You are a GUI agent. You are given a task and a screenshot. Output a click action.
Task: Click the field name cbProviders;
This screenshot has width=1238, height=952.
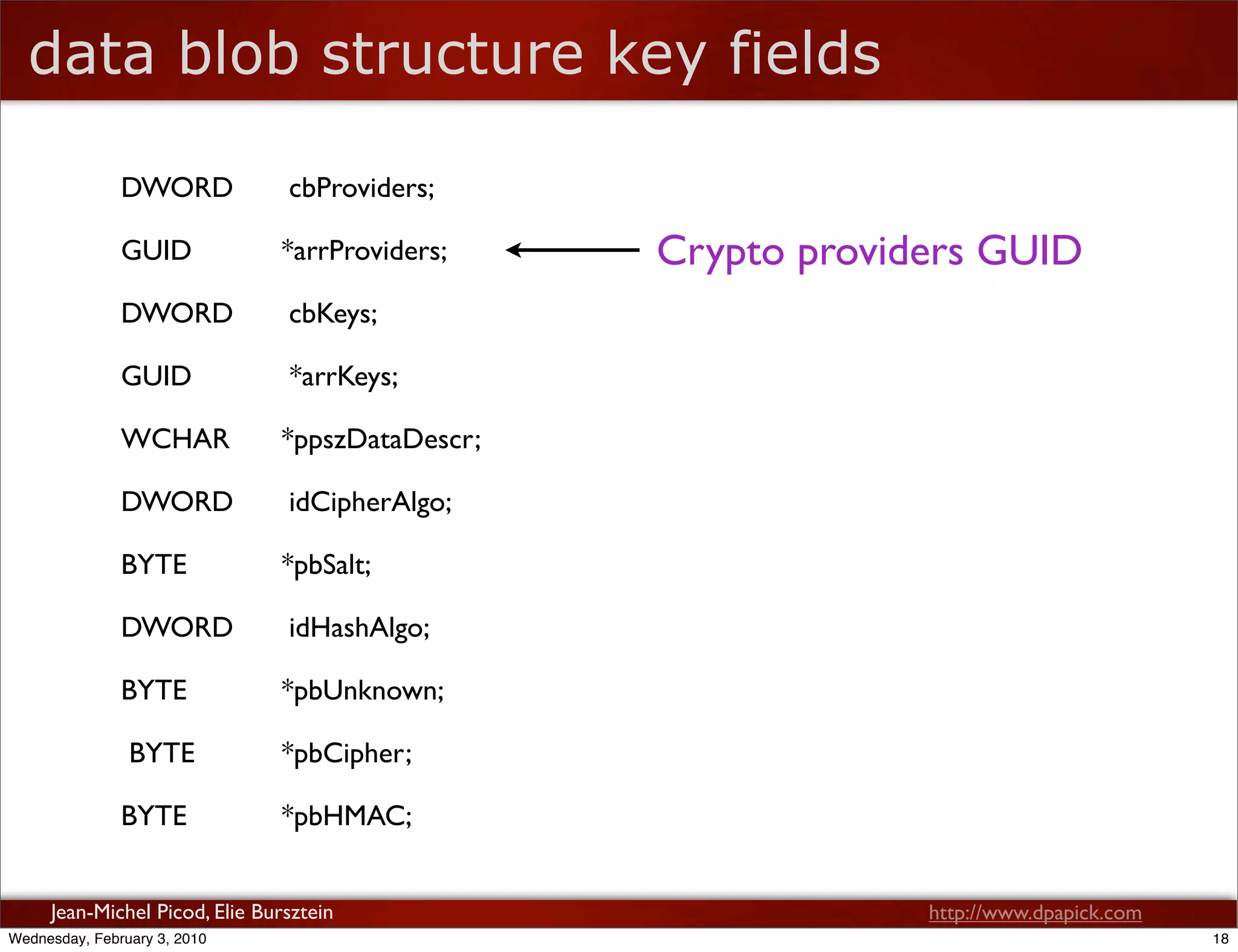coord(361,188)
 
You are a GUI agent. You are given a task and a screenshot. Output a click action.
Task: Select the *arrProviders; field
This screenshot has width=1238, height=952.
coord(365,251)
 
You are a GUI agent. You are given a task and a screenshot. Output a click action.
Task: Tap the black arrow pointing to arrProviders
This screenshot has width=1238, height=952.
coord(572,249)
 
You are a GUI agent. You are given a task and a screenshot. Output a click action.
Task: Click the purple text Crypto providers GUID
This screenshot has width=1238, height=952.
coord(869,251)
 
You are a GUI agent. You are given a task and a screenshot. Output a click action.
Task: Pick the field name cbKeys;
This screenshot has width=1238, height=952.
coord(333,314)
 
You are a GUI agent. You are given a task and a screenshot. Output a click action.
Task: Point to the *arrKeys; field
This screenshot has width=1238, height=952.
coord(343,377)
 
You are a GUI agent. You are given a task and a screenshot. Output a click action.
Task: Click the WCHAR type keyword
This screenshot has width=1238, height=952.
coord(175,439)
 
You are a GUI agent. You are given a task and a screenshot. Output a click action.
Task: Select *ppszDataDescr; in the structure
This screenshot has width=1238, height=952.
coord(381,440)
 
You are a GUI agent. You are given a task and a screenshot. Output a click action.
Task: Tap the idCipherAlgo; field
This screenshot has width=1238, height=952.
coord(370,503)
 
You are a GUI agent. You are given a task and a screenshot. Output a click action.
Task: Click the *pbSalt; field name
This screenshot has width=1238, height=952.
coord(326,565)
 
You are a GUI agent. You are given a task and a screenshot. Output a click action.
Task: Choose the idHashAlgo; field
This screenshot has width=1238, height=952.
coord(359,628)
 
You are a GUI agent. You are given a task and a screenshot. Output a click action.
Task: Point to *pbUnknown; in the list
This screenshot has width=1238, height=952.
coord(363,691)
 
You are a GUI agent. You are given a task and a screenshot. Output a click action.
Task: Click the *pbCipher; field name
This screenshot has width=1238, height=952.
coord(347,754)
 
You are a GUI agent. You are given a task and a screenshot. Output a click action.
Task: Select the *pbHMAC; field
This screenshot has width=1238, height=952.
coord(347,817)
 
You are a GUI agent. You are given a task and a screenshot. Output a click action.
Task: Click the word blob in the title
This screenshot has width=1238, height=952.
coord(239,54)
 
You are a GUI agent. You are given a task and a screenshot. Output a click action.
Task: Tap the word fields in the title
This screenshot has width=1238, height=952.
coord(805,54)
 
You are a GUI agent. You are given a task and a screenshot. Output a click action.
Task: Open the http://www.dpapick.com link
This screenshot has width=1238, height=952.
coord(1035,912)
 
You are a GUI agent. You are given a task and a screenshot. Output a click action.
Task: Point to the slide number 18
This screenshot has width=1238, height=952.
coord(1220,939)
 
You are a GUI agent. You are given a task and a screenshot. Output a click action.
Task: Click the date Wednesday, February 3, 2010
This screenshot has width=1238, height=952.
coord(108,939)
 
